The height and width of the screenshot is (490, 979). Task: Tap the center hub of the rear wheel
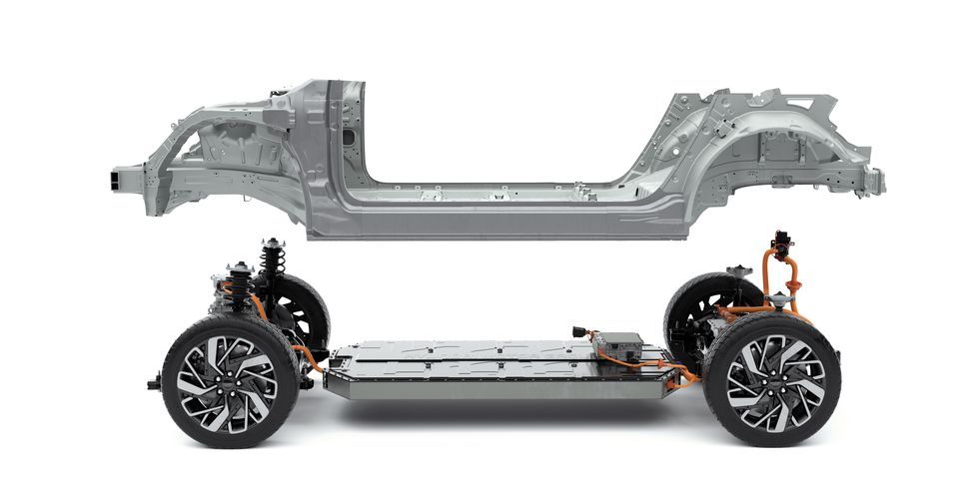coord(771,382)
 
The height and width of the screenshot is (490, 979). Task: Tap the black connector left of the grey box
coord(582,331)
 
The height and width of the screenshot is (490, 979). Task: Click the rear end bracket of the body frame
coord(874,181)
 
